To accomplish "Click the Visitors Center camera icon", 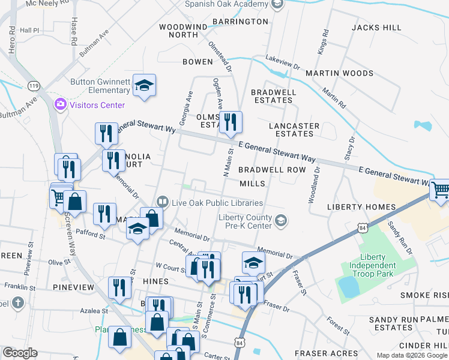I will [x=60, y=105].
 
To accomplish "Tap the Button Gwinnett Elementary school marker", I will [x=144, y=85].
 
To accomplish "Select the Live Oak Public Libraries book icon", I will [x=161, y=202].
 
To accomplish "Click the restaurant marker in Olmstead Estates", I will [x=230, y=122].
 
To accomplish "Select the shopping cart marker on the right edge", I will [x=440, y=190].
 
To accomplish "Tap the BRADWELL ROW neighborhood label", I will [x=272, y=170].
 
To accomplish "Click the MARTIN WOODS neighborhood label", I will [x=339, y=73].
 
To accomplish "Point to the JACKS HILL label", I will [x=376, y=28].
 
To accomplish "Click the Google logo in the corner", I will [x=19, y=353].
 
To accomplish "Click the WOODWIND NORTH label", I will [x=182, y=31].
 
